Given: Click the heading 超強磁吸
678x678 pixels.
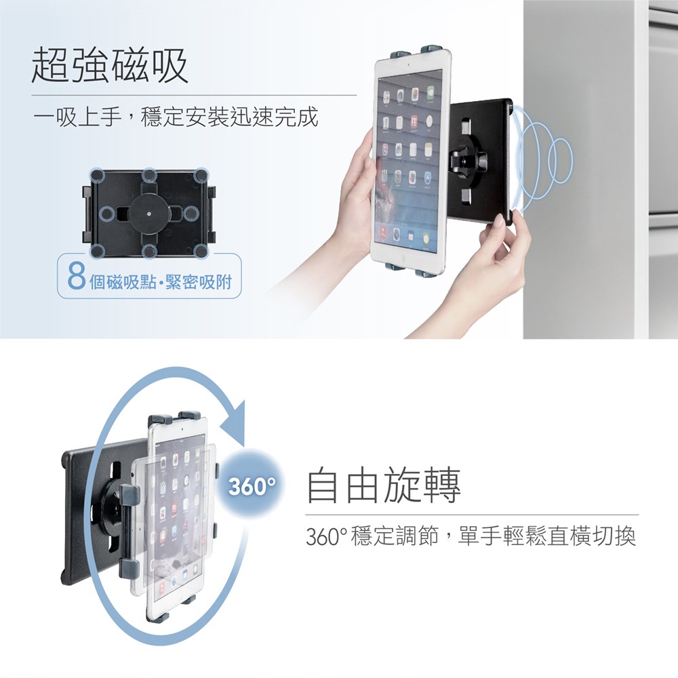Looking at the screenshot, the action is (x=110, y=65).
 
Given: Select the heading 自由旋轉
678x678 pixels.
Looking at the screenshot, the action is (x=384, y=485).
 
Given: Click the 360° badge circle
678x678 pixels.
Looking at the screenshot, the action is (x=252, y=485).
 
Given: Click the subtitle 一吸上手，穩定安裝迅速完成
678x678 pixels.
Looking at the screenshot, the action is (x=176, y=117).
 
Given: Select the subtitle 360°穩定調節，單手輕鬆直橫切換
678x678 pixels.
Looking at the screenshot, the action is (x=471, y=536).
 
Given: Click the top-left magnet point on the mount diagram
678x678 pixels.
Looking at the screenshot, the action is (x=97, y=176).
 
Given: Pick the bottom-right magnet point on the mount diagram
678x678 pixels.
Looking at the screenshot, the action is (x=201, y=251).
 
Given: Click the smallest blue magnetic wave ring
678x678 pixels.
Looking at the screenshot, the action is (x=561, y=161).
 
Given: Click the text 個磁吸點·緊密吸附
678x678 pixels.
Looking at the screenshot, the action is (x=161, y=282).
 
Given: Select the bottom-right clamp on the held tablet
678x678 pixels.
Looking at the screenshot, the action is (x=425, y=273).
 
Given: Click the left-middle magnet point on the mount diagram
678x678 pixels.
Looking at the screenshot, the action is (x=106, y=213).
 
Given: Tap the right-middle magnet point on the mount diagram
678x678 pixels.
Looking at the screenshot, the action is (x=191, y=213).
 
